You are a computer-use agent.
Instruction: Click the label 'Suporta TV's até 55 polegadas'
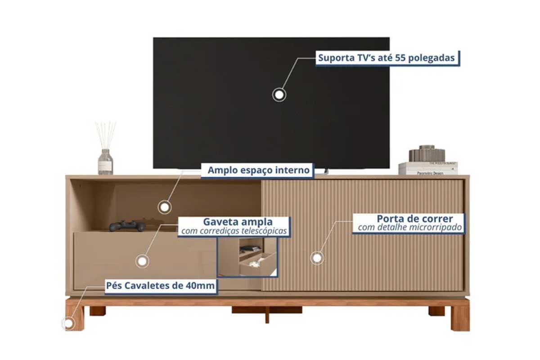coord(387,58)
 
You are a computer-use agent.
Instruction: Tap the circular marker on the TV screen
coord(279,95)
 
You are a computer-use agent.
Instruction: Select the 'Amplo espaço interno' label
coord(259,170)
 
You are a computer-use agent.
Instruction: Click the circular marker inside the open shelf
coord(165,207)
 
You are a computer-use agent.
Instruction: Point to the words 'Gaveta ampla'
coord(238,221)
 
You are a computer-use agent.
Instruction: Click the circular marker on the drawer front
coord(142,261)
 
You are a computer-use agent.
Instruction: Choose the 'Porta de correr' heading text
coord(415,219)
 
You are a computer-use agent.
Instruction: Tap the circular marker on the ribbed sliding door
coord(317,258)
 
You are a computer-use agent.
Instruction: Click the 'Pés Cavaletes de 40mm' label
coord(160,286)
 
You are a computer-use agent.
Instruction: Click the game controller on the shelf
coord(127,226)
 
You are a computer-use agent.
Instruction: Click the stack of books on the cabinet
coord(428,168)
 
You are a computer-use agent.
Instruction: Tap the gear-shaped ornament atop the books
coord(427,153)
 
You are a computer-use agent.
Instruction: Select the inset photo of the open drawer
coord(247,257)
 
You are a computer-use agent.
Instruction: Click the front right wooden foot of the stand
coord(460,316)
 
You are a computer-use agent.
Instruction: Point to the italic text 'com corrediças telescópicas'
coord(234,231)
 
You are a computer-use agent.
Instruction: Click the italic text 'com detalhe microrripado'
coord(410,227)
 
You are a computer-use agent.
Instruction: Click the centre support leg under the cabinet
coord(267,315)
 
